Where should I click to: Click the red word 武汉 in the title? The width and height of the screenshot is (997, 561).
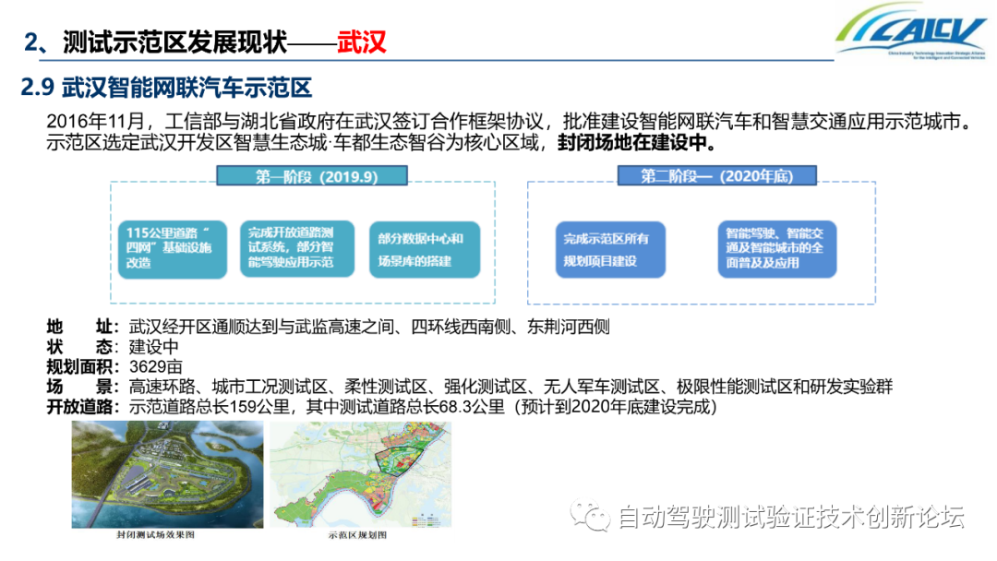[x=361, y=42]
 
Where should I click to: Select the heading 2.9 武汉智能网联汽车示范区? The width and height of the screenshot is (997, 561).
[x=167, y=89]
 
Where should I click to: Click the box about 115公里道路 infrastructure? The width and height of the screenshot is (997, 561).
[x=172, y=249]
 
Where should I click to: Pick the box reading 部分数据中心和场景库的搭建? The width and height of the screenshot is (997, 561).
[x=424, y=249]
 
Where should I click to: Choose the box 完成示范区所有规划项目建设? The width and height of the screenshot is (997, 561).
[x=609, y=249]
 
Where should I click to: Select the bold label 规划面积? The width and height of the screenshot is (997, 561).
[x=81, y=366]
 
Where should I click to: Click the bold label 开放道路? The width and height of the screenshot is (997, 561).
[x=81, y=407]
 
